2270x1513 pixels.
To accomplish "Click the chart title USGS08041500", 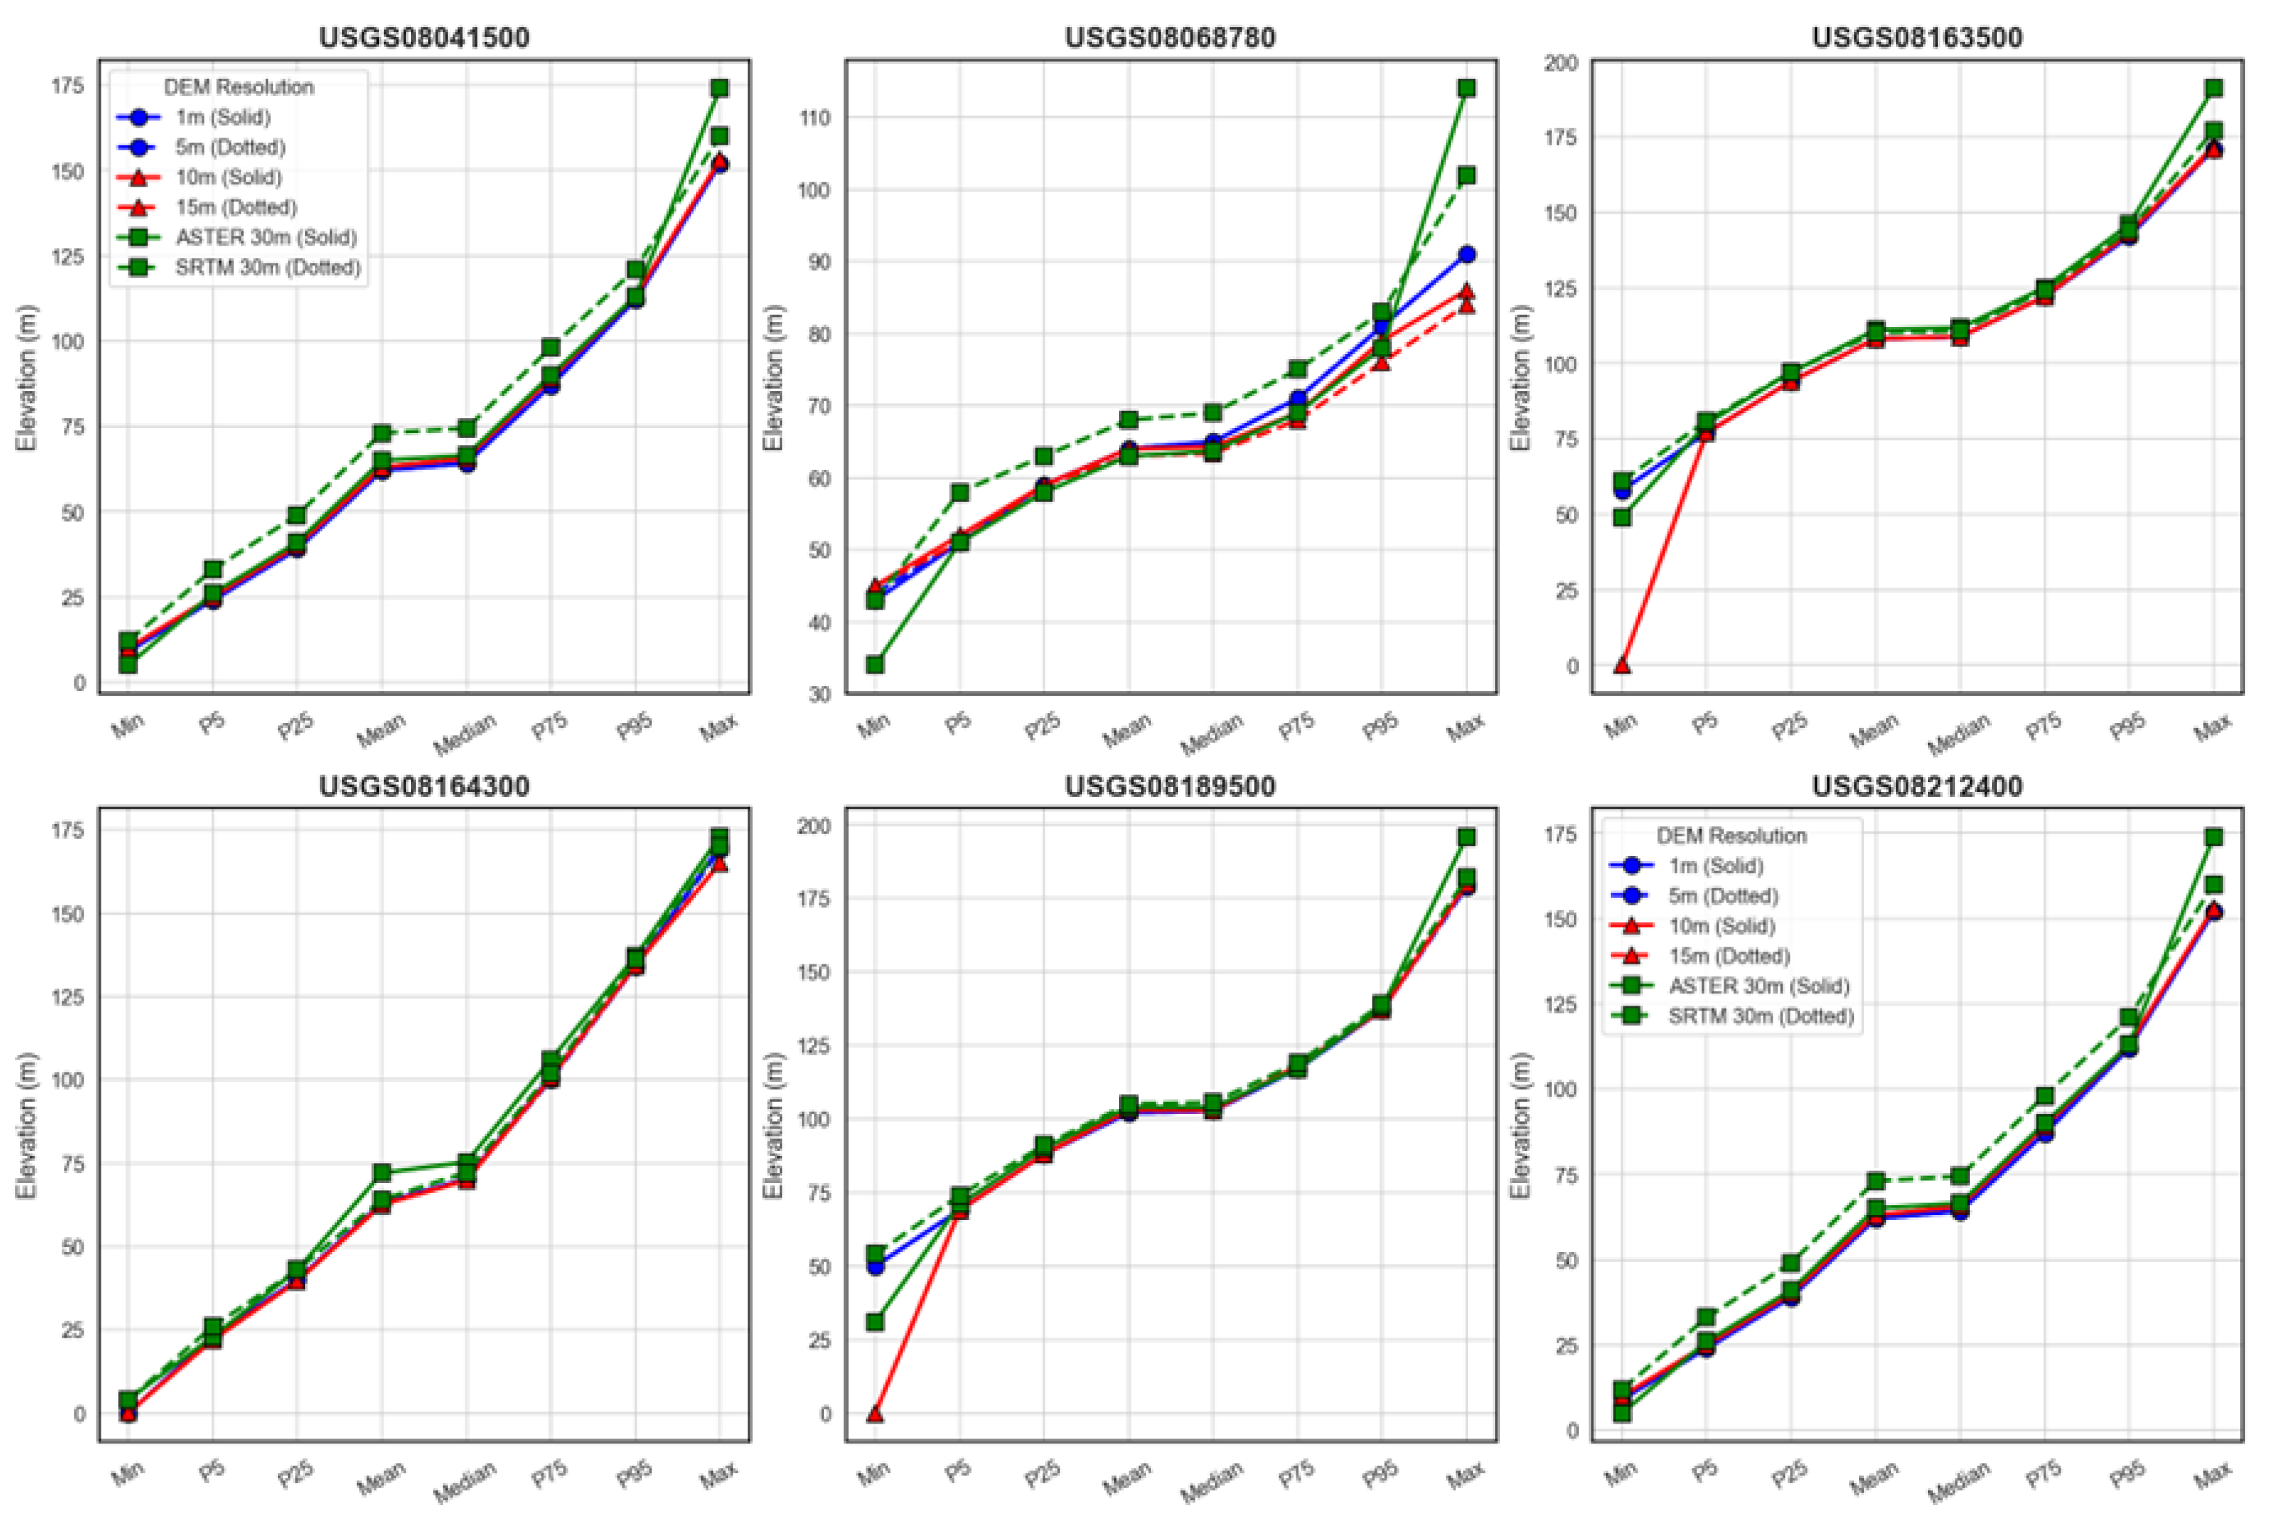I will (x=424, y=38).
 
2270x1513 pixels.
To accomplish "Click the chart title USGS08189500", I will (x=1169, y=786).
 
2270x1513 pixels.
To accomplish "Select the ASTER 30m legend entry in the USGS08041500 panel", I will (x=265, y=237).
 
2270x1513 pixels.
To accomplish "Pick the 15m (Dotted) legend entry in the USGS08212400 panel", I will (x=1729, y=955).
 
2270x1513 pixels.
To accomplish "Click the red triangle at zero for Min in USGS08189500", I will (x=874, y=1414).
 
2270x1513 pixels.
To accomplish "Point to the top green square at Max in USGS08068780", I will (x=1467, y=88).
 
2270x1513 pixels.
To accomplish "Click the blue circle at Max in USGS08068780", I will (x=1467, y=255).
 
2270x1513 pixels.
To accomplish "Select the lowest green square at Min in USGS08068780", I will (x=874, y=665).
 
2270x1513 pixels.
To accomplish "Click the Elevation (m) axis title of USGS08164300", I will (x=26, y=1125).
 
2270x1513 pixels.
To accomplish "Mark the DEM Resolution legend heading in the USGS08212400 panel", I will (x=1731, y=835).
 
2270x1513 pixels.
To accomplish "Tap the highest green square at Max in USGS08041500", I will (x=719, y=88).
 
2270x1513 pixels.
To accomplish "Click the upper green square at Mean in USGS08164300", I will (x=381, y=1173).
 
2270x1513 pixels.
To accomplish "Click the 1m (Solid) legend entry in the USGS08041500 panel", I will (x=222, y=118).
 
